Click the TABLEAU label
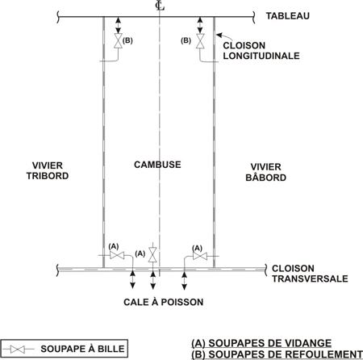[x=288, y=16]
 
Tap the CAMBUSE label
[x=157, y=165]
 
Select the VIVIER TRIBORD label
[x=48, y=170]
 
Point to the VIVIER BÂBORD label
[x=265, y=172]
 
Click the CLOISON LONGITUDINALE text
[x=261, y=51]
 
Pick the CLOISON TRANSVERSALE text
[x=310, y=274]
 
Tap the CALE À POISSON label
[x=164, y=302]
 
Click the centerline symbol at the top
[x=160, y=6]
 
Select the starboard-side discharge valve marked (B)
[x=118, y=41]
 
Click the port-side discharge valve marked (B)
[x=200, y=41]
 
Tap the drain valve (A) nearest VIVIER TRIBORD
[x=117, y=255]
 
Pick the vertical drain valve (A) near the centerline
[x=153, y=254]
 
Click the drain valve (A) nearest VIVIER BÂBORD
[x=200, y=256]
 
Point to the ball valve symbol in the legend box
[x=18, y=350]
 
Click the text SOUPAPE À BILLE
[x=82, y=349]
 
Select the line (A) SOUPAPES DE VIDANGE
[x=261, y=343]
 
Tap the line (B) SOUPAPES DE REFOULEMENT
[x=277, y=354]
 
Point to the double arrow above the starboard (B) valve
[x=118, y=25]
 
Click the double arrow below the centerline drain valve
[x=153, y=280]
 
